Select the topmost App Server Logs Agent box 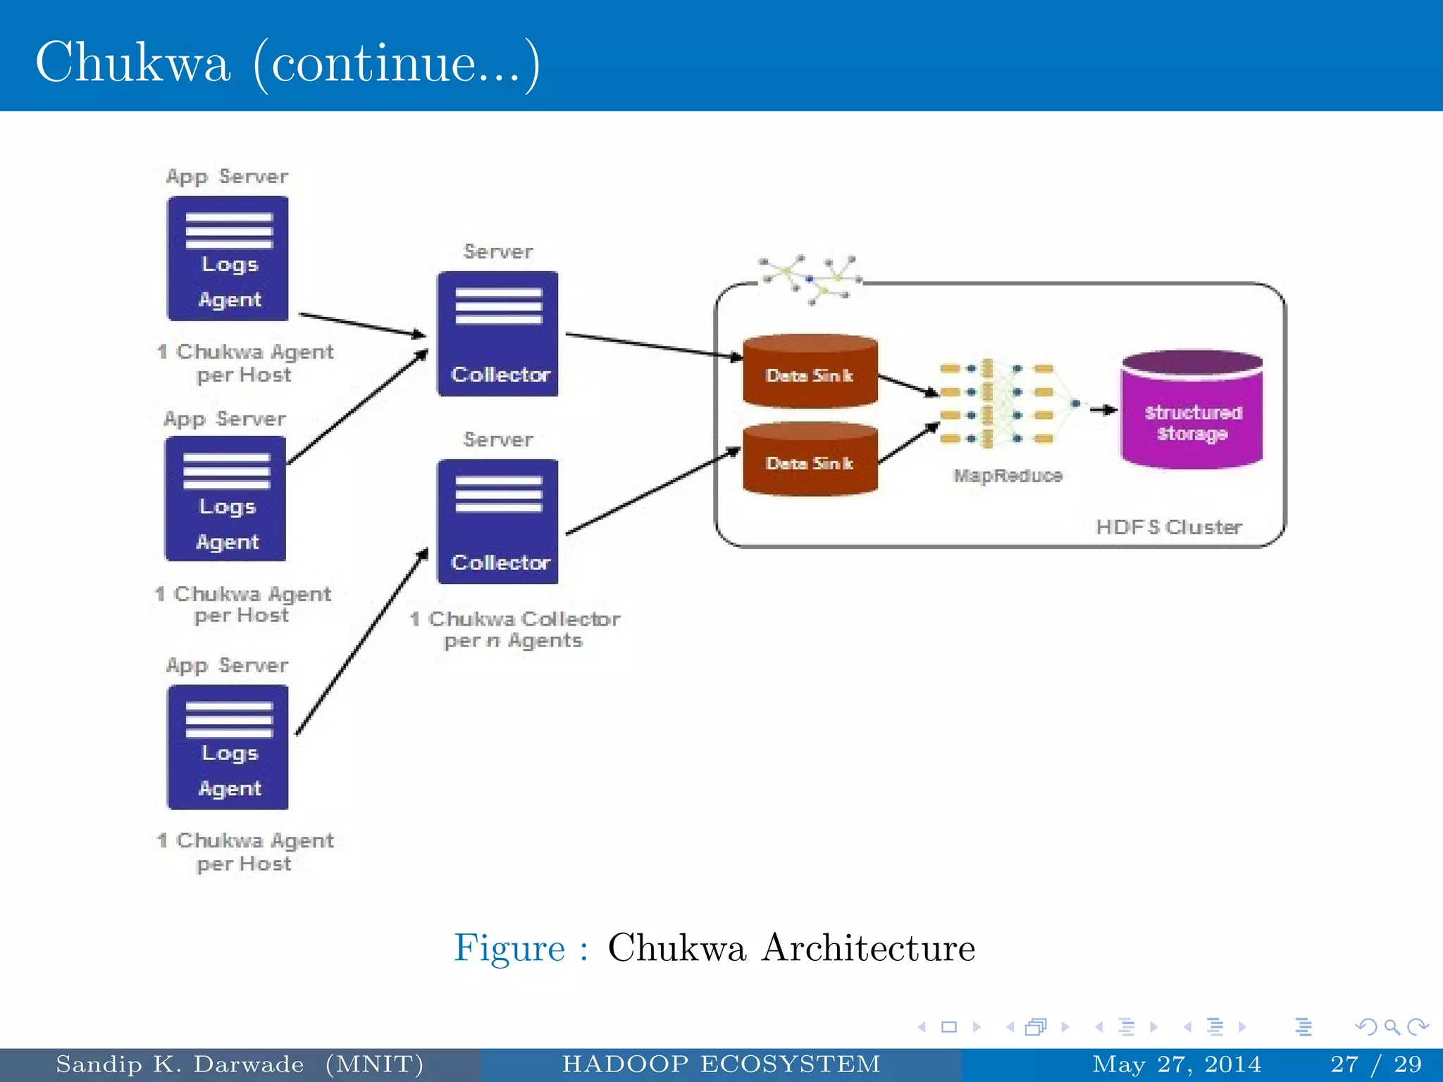[228, 259]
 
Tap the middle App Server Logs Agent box [225, 499]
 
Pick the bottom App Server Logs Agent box [228, 747]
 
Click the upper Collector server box [497, 334]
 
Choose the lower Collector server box [497, 522]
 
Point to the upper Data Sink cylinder [810, 372]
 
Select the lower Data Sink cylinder [810, 460]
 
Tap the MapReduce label [1008, 476]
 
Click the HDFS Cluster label [1169, 527]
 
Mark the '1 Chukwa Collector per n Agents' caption [514, 629]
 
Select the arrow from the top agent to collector [363, 325]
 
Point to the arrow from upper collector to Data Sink [653, 346]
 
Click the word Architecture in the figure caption [869, 947]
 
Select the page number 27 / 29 [1375, 1064]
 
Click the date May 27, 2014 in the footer [1176, 1064]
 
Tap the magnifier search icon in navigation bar [1391, 1027]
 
